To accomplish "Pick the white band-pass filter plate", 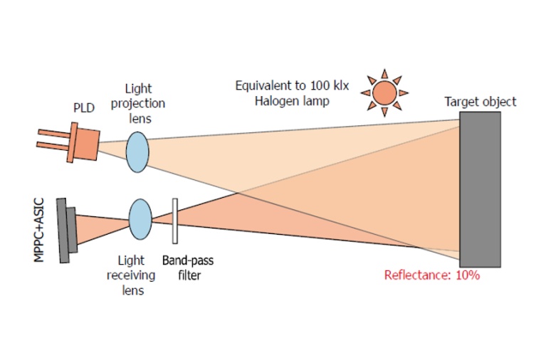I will pyautogui.click(x=175, y=221).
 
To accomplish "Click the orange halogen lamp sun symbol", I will pyautogui.click(x=385, y=92).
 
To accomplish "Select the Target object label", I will pyautogui.click(x=480, y=102).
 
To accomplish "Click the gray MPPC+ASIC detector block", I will pyautogui.click(x=66, y=229).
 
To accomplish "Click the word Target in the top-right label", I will pyautogui.click(x=462, y=102).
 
